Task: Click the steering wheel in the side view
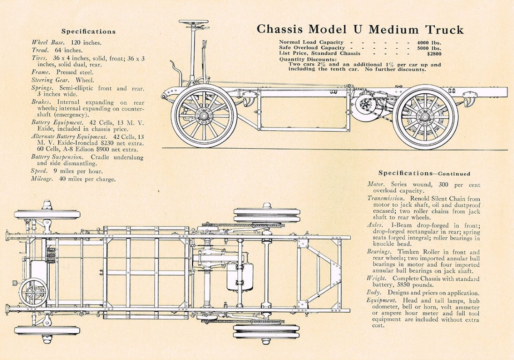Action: coord(194,22)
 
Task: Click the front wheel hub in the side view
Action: coord(204,115)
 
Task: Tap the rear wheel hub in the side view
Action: coord(425,117)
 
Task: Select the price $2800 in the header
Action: coord(432,53)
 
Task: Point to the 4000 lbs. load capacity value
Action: coord(429,42)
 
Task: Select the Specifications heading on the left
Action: coord(88,32)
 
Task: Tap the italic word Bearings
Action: coord(379,252)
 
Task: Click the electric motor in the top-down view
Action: coord(240,276)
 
